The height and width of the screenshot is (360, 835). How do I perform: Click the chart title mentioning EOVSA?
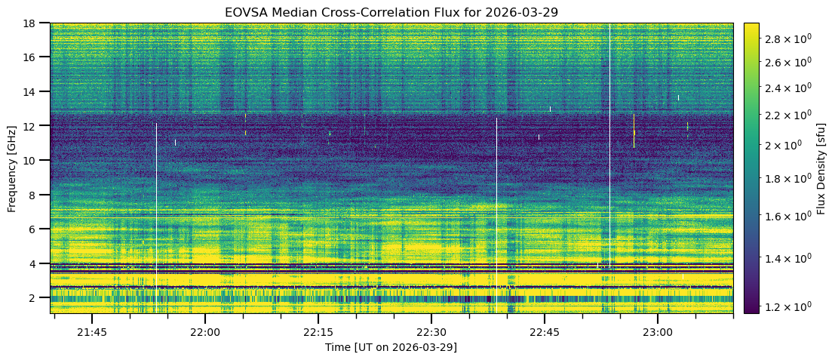click(391, 13)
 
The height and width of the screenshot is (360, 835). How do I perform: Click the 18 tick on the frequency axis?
click(35, 23)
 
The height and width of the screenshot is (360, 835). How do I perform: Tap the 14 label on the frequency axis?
click(35, 91)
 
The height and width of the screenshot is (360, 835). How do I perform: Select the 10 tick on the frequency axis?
click(35, 160)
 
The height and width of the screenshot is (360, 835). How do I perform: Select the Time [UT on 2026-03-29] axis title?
click(391, 347)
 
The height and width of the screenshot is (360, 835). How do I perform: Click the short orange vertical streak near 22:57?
click(634, 131)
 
